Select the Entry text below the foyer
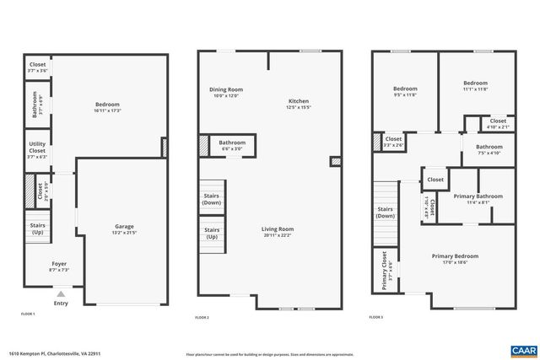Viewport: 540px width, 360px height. [61, 304]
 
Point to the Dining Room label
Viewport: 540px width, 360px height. [226, 89]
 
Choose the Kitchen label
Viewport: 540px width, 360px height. [299, 101]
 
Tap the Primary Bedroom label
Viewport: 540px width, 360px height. [455, 255]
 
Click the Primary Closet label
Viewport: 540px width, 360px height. [384, 270]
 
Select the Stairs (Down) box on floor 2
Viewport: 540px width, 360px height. [212, 199]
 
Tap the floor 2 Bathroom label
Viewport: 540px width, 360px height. [232, 143]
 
